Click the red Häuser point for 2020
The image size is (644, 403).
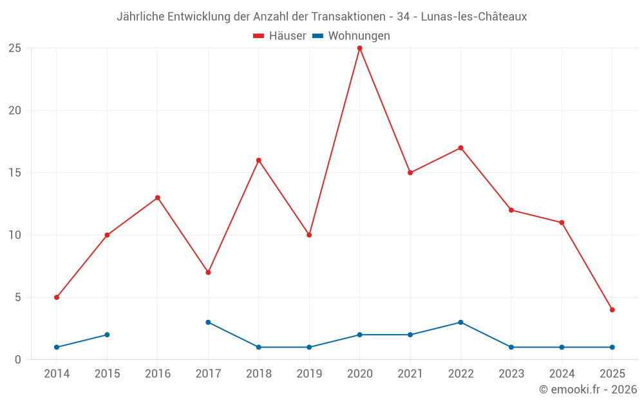359,48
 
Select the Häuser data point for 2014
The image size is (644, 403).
57,297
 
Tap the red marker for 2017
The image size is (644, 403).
208,272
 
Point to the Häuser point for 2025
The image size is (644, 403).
612,310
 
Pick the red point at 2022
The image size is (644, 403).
460,148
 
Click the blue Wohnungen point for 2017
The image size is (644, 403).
208,322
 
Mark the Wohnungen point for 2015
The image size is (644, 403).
107,335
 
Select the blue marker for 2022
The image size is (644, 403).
460,322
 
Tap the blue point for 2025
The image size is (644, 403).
612,347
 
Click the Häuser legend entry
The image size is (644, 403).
280,36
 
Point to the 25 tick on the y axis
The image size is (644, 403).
15,48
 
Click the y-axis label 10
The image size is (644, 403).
15,235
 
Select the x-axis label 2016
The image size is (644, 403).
158,374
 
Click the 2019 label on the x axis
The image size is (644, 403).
309,374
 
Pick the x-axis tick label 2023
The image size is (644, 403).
511,374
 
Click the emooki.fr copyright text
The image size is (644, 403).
587,389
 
